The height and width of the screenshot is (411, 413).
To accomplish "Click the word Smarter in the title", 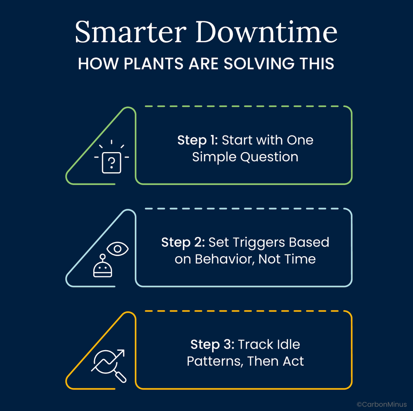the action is point(131,32).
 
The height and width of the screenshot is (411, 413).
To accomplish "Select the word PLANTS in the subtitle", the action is point(153,64).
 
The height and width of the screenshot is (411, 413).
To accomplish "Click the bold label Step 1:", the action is point(198,140).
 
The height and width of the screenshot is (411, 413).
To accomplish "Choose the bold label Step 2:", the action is point(183,243).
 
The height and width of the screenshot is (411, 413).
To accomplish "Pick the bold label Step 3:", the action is point(213,345).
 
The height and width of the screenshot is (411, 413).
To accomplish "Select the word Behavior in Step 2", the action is point(225,259).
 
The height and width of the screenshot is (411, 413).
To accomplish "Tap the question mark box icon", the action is point(111,163).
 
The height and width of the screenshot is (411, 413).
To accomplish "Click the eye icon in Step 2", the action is point(117,249).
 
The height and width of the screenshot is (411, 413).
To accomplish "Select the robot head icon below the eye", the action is point(103,266).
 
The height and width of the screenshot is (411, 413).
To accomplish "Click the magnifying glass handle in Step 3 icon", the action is point(121,377).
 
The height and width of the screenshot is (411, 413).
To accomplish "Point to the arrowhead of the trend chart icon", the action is point(121,353).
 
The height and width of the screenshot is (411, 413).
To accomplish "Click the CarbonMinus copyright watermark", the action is point(382,405).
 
